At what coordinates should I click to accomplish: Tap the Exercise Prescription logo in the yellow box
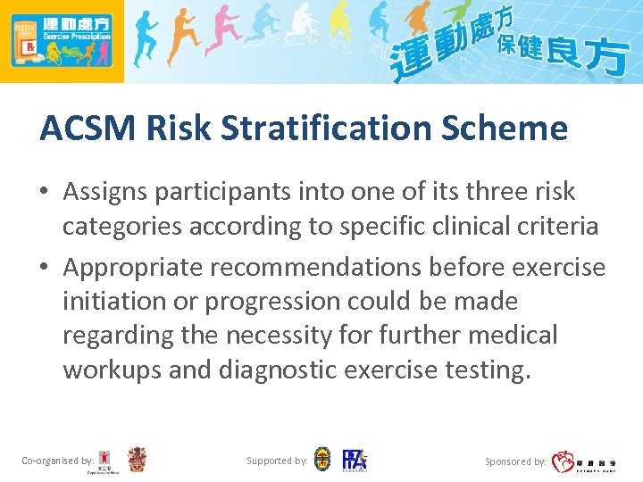[61, 40]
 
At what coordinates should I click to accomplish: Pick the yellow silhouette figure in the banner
[339, 27]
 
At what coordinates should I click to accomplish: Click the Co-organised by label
[58, 461]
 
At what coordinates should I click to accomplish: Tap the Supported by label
[278, 461]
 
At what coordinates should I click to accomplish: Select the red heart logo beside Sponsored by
[564, 461]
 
